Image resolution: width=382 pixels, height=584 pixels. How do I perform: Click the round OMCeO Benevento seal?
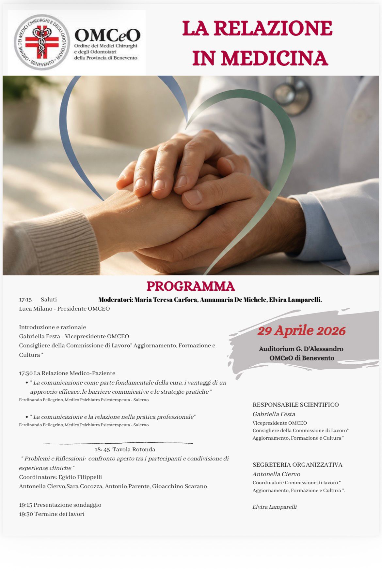[42, 42]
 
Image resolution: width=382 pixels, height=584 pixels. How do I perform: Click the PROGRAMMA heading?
[191, 286]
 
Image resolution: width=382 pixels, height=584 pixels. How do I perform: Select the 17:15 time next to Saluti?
[25, 299]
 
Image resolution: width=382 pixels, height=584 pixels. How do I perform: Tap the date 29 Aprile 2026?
[301, 331]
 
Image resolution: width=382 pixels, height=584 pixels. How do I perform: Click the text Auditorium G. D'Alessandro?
[301, 349]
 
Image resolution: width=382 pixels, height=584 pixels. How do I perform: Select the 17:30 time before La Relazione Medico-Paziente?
[25, 373]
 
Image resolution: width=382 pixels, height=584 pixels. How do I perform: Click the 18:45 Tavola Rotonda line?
[125, 449]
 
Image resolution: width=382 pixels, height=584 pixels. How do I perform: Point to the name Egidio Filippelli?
[80, 477]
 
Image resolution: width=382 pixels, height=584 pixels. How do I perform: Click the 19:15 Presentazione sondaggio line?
[60, 505]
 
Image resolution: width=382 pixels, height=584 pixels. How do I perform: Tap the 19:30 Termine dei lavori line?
[52, 514]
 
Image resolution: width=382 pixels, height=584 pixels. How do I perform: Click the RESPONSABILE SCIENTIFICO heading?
[295, 405]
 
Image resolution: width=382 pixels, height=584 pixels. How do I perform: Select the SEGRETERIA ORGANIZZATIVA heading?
[297, 465]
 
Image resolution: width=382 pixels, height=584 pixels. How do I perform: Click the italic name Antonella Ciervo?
[276, 474]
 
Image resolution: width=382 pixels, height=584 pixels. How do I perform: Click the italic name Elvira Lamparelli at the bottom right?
[275, 507]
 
